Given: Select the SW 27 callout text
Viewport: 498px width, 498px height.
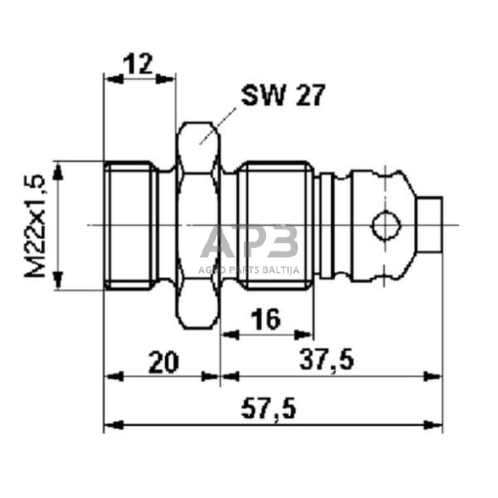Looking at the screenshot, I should click(282, 95).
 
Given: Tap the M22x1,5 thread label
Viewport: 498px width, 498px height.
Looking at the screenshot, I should click(35, 224).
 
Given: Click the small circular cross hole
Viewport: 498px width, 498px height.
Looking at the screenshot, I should click(385, 225).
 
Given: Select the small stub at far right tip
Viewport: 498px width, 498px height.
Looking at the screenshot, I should click(432, 225).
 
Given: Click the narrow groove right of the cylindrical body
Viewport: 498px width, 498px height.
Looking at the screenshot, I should click(319, 225).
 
